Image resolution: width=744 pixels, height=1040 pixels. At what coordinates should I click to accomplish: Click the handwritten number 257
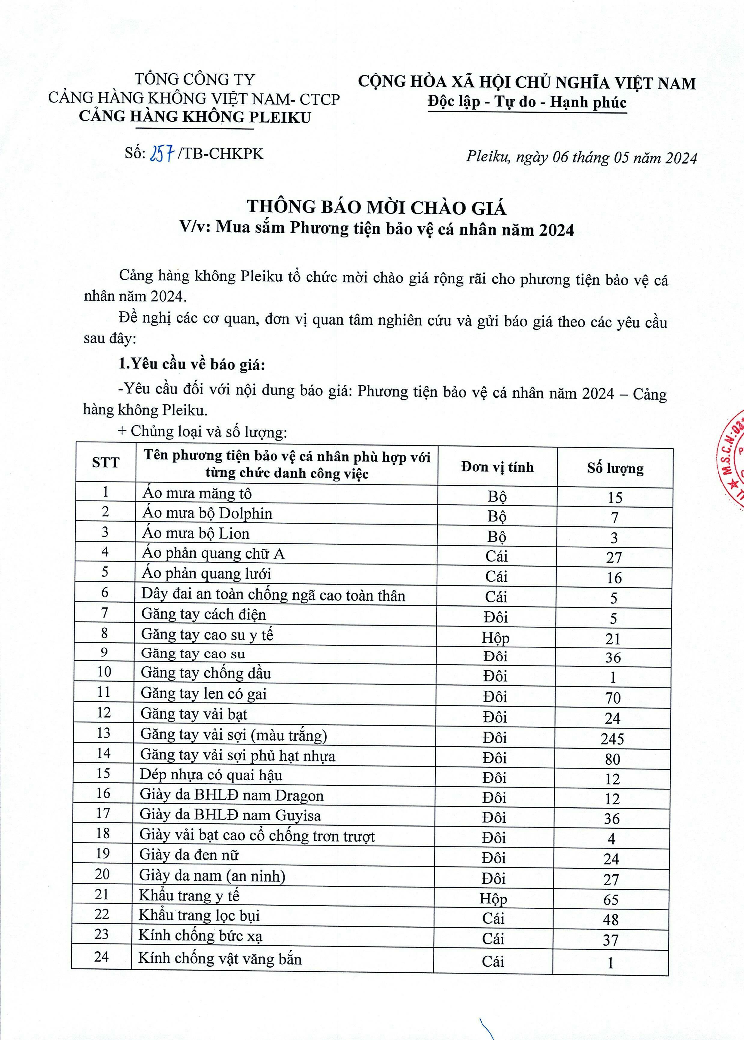[161, 154]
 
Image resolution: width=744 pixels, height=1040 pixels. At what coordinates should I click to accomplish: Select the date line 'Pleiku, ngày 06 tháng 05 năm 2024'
[581, 157]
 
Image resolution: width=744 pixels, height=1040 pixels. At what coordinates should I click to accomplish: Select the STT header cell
[105, 462]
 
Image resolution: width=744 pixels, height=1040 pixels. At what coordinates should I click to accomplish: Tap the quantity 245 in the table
[612, 739]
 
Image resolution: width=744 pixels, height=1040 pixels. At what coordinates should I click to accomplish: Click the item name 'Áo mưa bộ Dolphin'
[207, 513]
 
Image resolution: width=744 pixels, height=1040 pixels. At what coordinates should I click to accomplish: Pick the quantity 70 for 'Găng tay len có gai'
[613, 698]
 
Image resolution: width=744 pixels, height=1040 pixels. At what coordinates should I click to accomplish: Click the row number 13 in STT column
[104, 733]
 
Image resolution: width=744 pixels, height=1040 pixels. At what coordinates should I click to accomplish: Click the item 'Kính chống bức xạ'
[200, 935]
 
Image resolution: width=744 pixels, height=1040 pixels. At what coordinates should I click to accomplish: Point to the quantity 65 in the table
[611, 899]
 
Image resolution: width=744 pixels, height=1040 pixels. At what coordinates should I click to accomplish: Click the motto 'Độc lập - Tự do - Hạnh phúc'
[527, 102]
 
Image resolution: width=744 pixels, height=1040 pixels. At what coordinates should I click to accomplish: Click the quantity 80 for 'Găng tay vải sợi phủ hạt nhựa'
[612, 759]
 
